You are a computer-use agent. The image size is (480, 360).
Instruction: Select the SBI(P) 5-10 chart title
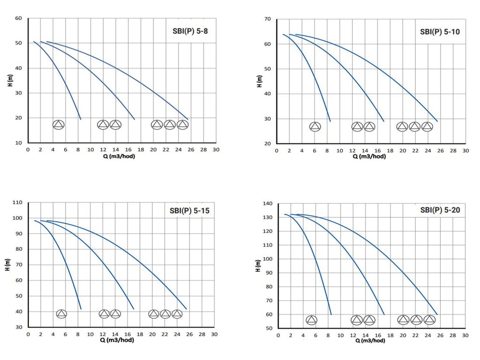coord(440,32)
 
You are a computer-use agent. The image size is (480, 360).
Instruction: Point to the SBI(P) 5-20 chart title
coord(440,210)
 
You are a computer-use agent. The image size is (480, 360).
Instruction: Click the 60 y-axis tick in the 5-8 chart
coord(19,18)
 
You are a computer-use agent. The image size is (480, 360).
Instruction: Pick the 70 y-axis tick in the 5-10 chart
coord(268,19)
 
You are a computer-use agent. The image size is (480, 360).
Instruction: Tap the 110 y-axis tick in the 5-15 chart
coord(17,202)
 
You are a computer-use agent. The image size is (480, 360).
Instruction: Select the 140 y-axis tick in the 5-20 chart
coord(268,203)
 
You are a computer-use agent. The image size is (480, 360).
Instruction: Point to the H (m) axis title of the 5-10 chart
coord(259,81)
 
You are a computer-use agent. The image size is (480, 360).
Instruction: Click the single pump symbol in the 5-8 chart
coord(58,125)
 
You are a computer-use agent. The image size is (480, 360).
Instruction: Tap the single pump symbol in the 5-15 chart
coord(61,314)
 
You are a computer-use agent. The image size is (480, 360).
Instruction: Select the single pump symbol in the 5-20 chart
coord(312,320)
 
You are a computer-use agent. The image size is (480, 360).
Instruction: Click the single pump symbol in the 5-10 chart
coord(315,127)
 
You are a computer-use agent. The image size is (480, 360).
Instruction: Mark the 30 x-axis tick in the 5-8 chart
coord(216,150)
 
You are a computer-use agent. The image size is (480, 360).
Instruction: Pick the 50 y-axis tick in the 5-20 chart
coord(269,328)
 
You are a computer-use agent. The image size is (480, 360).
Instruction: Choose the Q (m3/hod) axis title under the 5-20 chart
coord(370,341)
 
